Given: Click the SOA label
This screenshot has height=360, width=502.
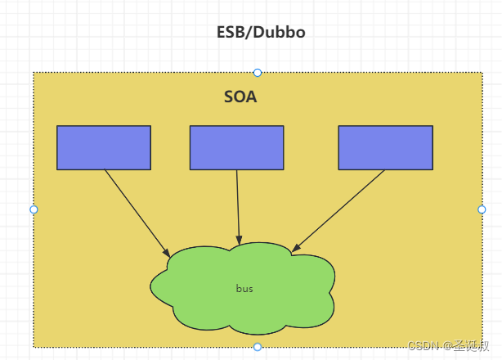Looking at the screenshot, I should [240, 97].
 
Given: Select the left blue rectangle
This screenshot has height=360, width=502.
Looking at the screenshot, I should [104, 147].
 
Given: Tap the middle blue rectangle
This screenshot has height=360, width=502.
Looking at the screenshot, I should [236, 147].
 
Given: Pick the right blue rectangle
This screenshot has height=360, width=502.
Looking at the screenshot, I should [385, 147].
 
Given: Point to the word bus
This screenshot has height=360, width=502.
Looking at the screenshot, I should [244, 289].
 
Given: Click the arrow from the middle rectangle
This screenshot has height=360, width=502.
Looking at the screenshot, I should [238, 205].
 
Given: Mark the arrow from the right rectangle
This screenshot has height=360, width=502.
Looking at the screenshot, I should [339, 209].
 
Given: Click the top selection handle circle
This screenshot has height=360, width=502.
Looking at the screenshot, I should [258, 73].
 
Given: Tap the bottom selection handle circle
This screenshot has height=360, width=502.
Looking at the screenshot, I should [258, 347].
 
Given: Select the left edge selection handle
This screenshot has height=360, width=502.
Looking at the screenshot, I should [34, 209].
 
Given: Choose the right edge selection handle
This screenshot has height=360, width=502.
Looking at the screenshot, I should [482, 209].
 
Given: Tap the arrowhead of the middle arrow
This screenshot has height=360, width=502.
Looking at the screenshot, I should [240, 238].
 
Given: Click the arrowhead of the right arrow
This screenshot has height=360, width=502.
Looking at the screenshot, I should [296, 248].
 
